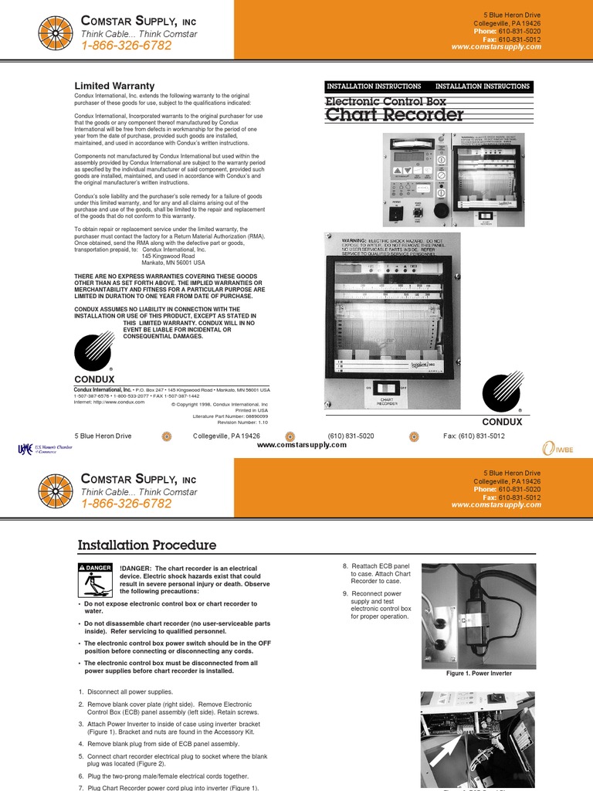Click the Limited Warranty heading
114,86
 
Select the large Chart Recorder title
395,116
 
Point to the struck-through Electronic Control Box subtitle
385,101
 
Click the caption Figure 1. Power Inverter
479,674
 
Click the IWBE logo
558,449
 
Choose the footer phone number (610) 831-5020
351,436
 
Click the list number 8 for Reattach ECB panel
345,566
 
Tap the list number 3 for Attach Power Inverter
81,724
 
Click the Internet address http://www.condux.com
110,402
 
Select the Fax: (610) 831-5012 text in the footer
473,436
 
